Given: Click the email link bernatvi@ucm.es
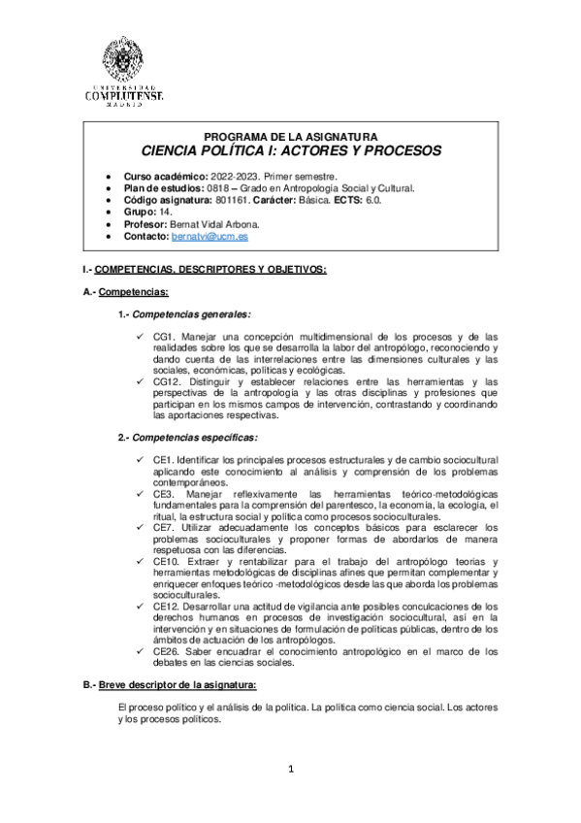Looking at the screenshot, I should (x=210, y=236).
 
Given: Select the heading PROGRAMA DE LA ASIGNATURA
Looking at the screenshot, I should (x=291, y=136).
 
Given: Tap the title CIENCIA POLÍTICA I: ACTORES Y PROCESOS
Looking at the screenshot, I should (x=291, y=151).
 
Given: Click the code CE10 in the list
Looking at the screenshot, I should (x=168, y=563).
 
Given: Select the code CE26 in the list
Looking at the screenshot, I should (x=168, y=652).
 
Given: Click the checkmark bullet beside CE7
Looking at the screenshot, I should (x=143, y=527).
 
